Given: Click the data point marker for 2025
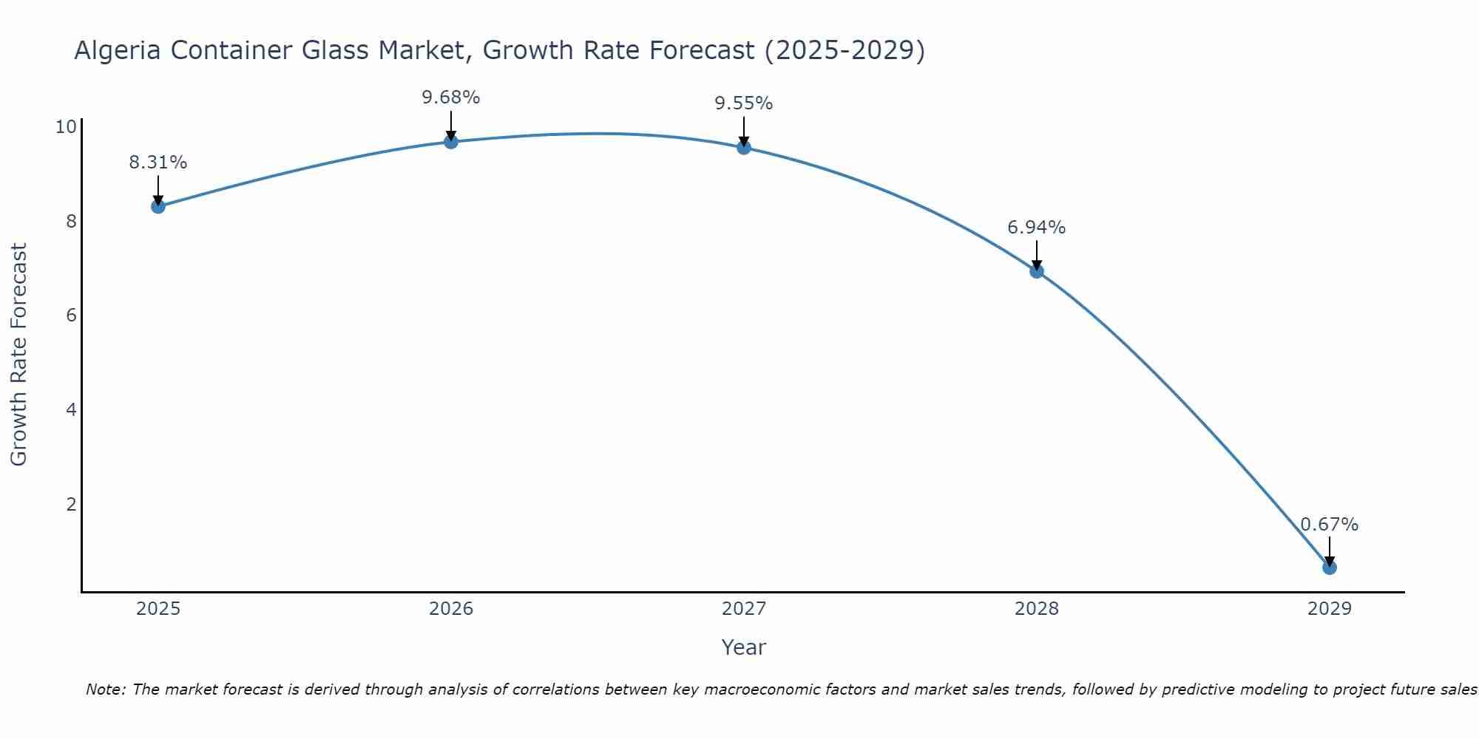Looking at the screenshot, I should click(x=158, y=206).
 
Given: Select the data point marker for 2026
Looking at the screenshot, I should click(x=451, y=141).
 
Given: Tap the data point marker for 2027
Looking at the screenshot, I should click(x=744, y=148).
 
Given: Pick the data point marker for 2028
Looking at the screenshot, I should click(x=1037, y=271).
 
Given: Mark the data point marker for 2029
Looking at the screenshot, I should click(x=1330, y=568).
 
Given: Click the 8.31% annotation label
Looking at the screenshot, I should click(x=158, y=163).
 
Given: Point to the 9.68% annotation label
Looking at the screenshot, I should click(x=451, y=98).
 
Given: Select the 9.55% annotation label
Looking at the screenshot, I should click(x=744, y=103).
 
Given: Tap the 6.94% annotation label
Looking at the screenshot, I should click(x=1037, y=228).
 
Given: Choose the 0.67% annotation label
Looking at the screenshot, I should click(x=1330, y=525).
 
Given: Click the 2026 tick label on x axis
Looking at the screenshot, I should click(x=451, y=609).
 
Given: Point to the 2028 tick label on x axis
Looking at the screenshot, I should click(x=1037, y=609).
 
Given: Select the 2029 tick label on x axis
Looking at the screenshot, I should click(x=1330, y=609).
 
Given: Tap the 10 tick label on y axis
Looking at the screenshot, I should click(x=66, y=127).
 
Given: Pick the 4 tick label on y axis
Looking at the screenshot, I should click(x=72, y=409).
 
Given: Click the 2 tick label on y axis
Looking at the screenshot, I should click(x=72, y=504).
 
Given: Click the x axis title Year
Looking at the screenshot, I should click(x=743, y=647).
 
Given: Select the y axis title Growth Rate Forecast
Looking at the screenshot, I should click(x=19, y=355).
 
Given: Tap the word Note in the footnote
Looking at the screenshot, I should click(x=106, y=689).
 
